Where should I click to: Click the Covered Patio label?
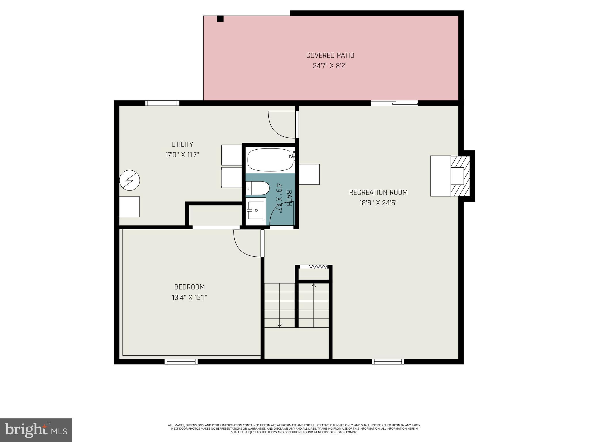pos(330,55)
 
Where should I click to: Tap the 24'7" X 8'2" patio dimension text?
pos(330,66)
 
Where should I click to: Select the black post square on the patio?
pos(220,19)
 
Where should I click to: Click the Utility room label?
pos(182,144)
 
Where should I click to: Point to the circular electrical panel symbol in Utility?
pos(130,180)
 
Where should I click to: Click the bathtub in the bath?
pos(270,160)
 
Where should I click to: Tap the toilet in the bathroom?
pos(258,188)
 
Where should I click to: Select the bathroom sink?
pos(256,210)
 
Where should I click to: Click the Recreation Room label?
pos(378,192)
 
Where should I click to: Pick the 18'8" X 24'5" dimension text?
pos(378,203)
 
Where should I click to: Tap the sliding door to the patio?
pos(394,103)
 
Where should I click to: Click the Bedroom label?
pos(190,287)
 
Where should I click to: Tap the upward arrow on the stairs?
pos(314,285)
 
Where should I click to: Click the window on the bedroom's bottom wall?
pos(181,361)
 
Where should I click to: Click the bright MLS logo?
pos(36,430)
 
